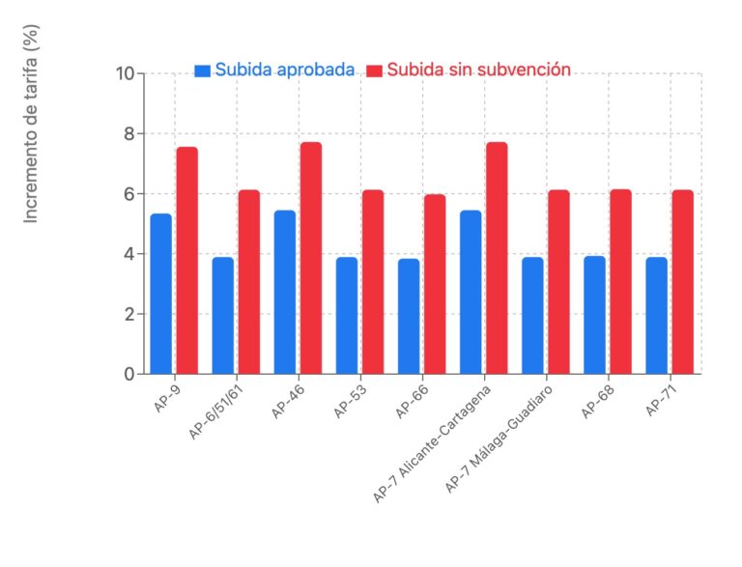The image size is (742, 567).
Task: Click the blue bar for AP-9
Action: point(160,294)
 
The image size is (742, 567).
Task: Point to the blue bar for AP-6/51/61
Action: point(223,315)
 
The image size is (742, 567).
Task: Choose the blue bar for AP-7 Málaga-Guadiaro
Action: point(532,315)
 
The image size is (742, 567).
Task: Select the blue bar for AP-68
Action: point(594,315)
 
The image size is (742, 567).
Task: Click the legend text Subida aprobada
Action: point(284,70)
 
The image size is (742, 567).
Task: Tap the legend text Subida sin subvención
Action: point(478,70)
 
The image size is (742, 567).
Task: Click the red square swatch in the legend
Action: point(374,71)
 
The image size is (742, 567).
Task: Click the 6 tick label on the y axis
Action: point(129,194)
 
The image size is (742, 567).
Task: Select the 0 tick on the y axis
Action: point(129,374)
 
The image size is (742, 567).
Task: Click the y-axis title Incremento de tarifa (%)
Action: point(31,125)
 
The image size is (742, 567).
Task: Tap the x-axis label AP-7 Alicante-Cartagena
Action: point(435,441)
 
